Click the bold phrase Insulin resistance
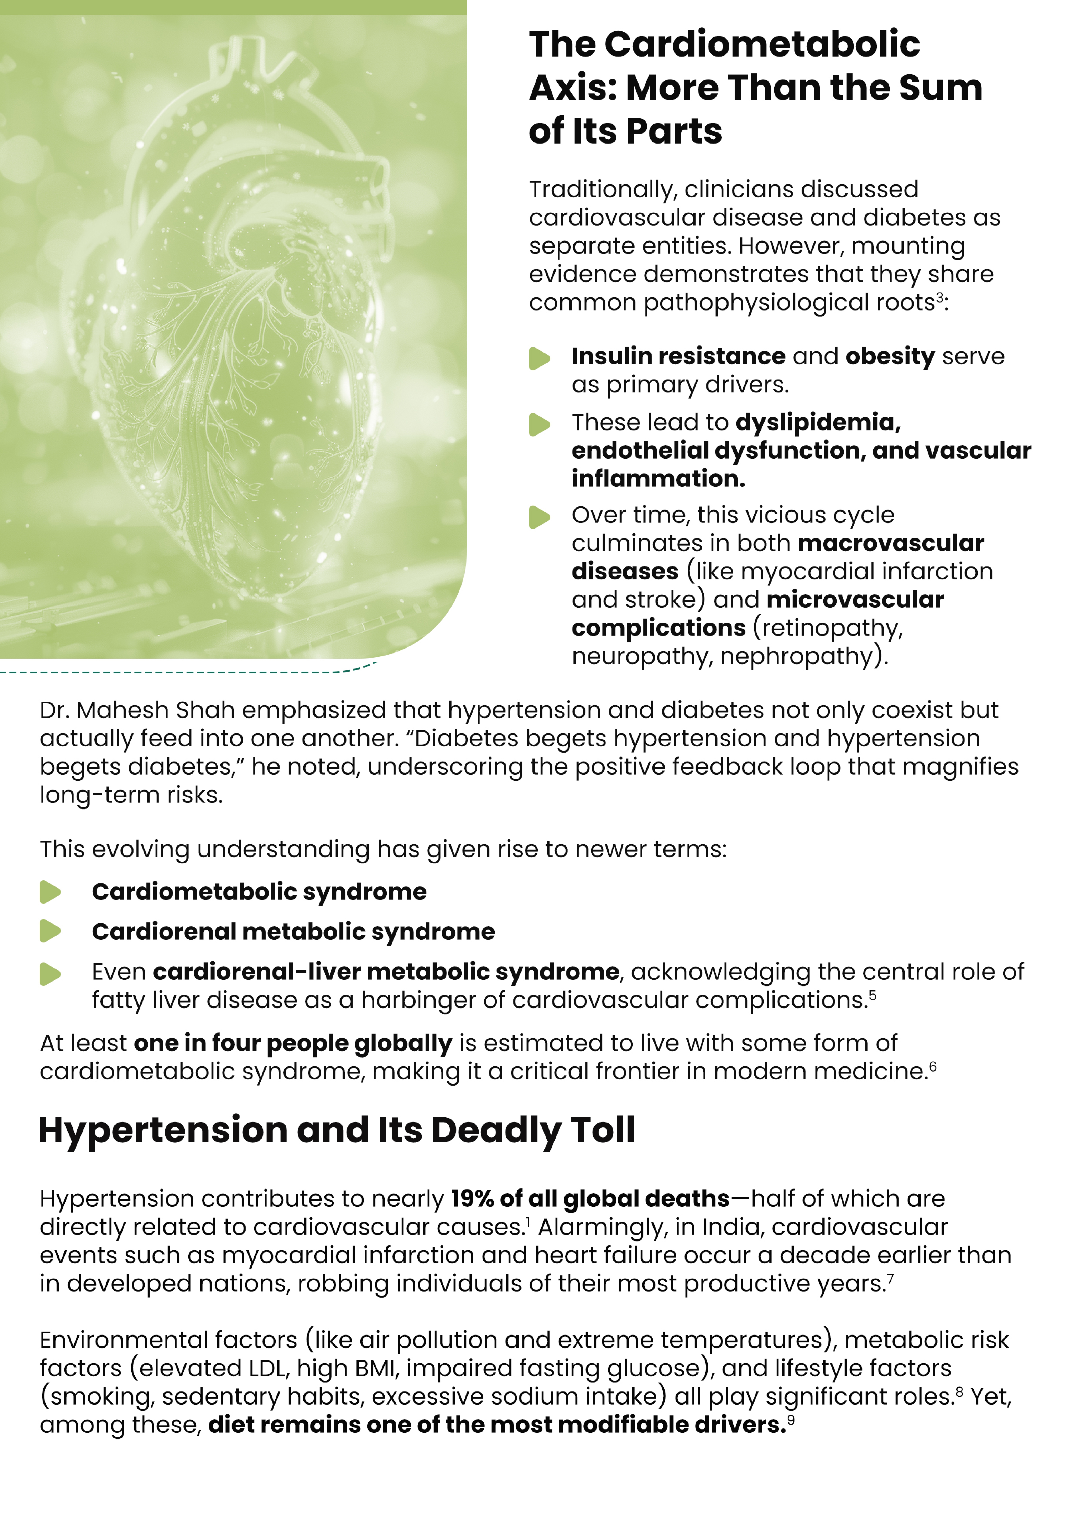pos(678,357)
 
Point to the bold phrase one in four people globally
pos(293,1043)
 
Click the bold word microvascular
pos(855,600)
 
